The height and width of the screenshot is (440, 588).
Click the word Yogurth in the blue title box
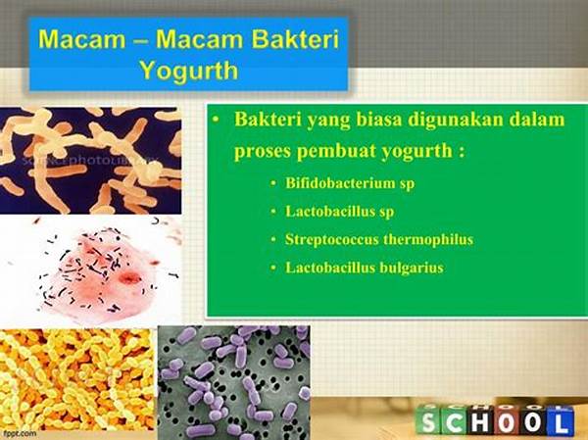coord(189,71)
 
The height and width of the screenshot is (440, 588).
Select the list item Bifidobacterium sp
coord(350,183)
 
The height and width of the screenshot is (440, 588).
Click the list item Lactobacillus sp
coord(340,212)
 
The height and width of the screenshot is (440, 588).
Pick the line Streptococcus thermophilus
coord(379,239)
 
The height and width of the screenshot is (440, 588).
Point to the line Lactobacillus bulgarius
coord(365,268)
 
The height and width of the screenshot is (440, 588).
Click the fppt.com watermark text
coord(19,433)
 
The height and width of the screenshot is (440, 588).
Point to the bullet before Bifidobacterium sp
coord(273,183)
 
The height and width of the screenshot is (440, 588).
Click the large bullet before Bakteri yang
coord(215,120)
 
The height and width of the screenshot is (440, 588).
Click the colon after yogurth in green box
coord(461,153)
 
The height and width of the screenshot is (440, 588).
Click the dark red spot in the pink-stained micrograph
coord(129,278)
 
